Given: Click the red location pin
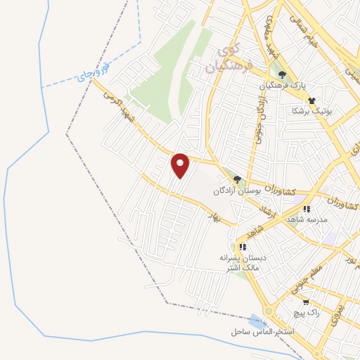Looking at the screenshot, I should [x=181, y=165].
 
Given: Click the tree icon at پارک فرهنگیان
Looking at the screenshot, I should [x=281, y=75].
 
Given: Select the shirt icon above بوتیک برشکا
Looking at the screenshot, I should [x=311, y=101].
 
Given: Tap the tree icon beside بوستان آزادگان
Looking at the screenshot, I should [x=237, y=179].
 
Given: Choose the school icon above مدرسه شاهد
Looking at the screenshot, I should [x=306, y=210].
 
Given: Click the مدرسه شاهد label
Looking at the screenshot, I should [x=303, y=220].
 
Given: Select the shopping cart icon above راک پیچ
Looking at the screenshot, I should [x=304, y=302].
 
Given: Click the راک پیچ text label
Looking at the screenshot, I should [x=308, y=312].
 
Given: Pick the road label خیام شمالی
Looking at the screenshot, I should [x=307, y=30].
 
